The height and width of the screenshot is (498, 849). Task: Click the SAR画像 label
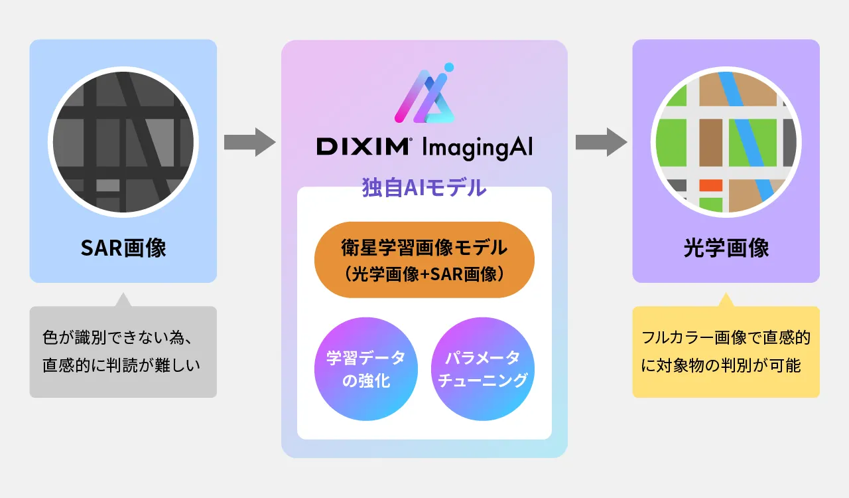(x=123, y=248)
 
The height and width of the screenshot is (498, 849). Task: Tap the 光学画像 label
(x=726, y=248)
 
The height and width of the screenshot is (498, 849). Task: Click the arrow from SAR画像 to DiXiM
(x=249, y=142)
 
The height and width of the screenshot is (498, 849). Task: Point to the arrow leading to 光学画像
(x=601, y=142)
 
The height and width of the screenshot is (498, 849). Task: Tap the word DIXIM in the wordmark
(x=362, y=147)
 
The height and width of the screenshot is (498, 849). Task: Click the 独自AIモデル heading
(x=424, y=188)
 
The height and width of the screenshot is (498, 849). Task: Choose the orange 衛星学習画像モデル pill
(x=424, y=260)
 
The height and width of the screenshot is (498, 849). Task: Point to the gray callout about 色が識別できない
(x=123, y=352)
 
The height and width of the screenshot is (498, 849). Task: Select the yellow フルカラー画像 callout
(x=726, y=352)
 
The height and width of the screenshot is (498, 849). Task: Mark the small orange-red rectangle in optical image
(x=710, y=185)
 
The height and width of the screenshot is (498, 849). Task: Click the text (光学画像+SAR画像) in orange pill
(x=424, y=273)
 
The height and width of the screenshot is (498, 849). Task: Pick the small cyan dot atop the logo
(x=449, y=67)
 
